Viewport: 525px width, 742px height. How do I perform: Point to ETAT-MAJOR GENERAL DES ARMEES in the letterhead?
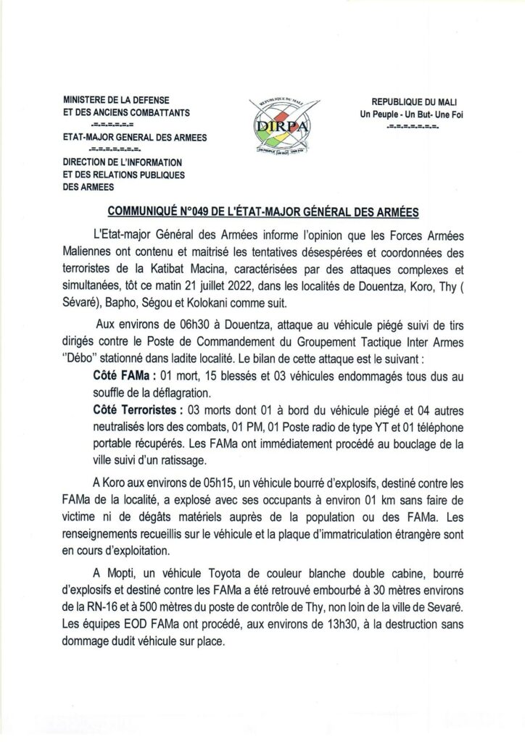click(x=134, y=138)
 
